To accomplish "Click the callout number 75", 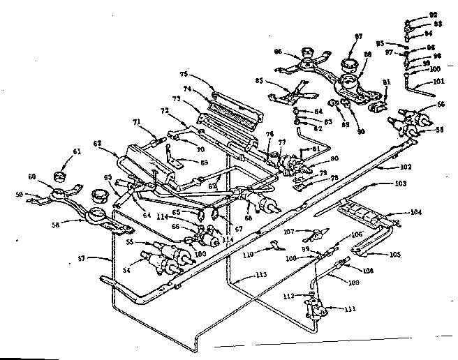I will click(184, 73).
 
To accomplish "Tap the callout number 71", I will click(137, 122).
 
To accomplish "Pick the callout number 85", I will click(260, 80).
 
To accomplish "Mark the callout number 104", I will click(415, 211).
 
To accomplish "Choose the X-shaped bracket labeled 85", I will click(296, 91).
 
